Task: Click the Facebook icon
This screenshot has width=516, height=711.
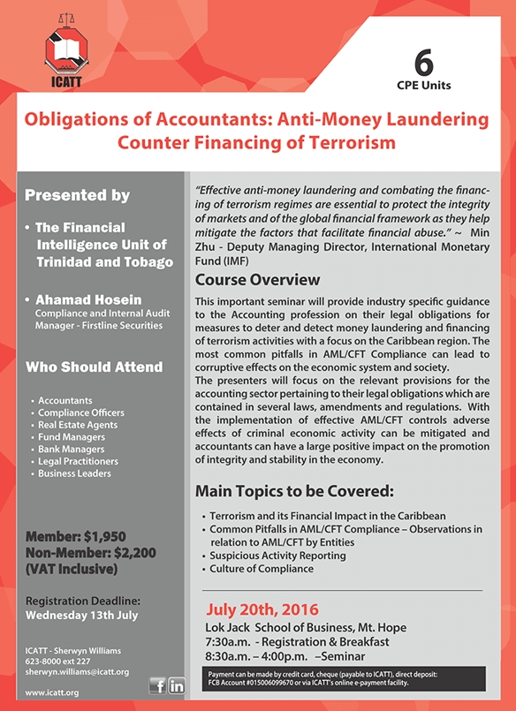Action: [157, 685]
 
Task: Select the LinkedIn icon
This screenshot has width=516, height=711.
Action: [176, 685]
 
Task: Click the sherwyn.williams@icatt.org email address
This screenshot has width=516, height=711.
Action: [78, 672]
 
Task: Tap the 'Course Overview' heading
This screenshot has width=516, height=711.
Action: [257, 280]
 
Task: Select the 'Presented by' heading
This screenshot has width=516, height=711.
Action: [78, 195]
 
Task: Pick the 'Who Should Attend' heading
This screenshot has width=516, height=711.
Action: [94, 367]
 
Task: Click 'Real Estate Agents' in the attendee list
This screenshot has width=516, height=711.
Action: [78, 425]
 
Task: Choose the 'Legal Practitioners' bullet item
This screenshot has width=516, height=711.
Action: [78, 461]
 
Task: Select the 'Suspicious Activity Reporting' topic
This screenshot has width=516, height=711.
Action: [277, 556]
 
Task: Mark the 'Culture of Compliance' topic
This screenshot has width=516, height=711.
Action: [261, 569]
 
